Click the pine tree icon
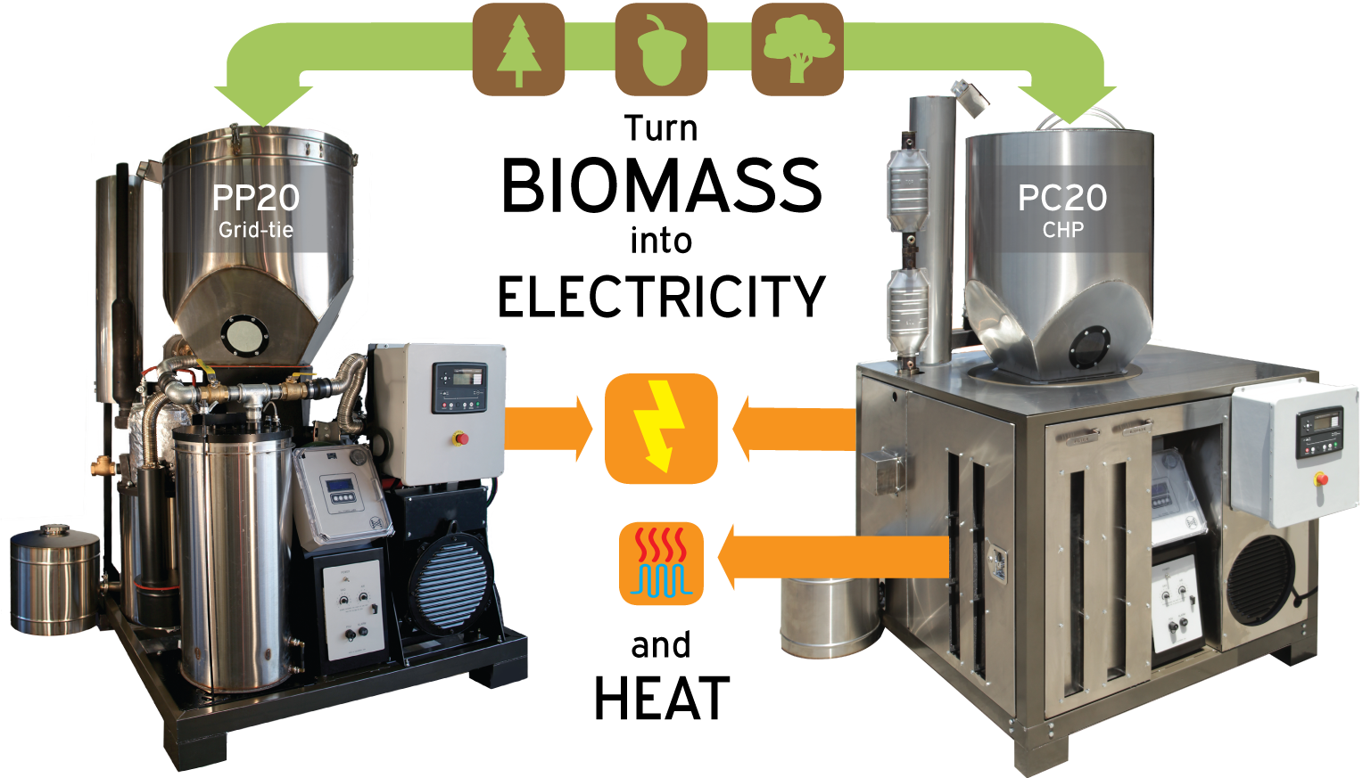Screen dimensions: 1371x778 coord(518,50)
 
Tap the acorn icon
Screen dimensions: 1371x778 coord(661,50)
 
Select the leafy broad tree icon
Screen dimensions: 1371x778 coord(797,50)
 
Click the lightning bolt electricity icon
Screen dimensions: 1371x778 coord(660,428)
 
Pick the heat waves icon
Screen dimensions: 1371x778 coord(661,563)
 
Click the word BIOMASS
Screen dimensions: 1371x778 coord(661,185)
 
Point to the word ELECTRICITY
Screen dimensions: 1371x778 coord(661,297)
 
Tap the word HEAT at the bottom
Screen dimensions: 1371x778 coord(662,699)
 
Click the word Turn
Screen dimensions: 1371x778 coord(661,128)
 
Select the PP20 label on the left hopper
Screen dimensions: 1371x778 coord(256,198)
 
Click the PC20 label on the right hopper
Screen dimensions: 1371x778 coord(1062,198)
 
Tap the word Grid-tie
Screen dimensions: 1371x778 coord(256,230)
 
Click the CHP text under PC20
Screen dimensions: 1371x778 coord(1063,230)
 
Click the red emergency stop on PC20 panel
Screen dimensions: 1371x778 coord(1321,479)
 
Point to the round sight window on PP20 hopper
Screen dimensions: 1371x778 coord(244,335)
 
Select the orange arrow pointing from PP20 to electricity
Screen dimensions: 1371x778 coord(549,428)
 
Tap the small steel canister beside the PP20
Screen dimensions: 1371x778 coord(55,579)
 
